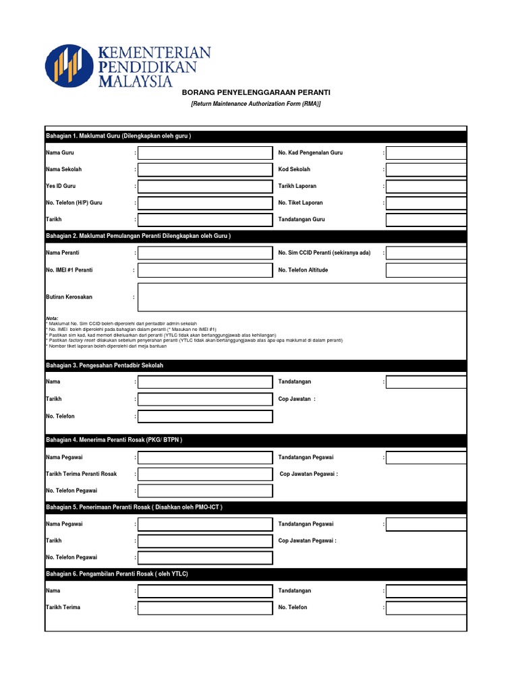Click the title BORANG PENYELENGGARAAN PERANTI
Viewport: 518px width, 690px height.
tap(256, 92)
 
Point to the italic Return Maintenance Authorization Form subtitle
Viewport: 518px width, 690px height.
tap(256, 104)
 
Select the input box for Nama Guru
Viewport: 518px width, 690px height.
tap(205, 153)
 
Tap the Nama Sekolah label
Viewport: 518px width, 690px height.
tap(64, 169)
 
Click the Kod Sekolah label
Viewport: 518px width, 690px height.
tap(294, 169)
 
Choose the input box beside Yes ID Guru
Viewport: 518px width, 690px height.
tap(205, 186)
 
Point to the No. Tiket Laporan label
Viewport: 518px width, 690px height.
tap(300, 203)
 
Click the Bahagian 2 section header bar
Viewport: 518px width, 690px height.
tap(256, 236)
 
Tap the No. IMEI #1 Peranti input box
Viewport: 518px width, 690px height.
tap(205, 270)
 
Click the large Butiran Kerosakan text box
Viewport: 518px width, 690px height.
tap(301, 297)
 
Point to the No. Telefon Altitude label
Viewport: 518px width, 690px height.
tap(303, 270)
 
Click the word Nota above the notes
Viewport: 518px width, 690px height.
tap(52, 318)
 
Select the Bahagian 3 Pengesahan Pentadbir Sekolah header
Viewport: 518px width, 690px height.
tap(256, 365)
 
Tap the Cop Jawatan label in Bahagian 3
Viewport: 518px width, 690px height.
tap(295, 399)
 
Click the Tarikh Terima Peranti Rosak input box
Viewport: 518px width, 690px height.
tap(205, 474)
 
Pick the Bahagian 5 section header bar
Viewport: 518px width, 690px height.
tap(256, 507)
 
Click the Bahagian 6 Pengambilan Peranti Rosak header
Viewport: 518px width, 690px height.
tap(256, 573)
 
